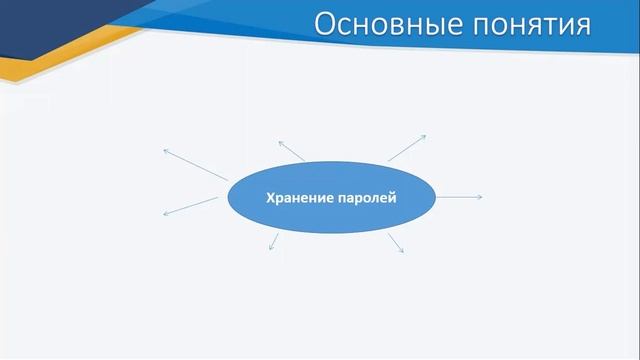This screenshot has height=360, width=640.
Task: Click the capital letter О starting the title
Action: tap(326, 24)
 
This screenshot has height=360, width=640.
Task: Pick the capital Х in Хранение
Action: tap(269, 197)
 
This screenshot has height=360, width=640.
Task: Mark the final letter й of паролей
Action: tap(394, 197)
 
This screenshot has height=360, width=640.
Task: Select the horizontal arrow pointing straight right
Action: tap(460, 197)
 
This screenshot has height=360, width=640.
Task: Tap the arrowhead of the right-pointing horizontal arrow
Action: tap(480, 197)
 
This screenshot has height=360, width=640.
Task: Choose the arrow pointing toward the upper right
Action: tap(407, 147)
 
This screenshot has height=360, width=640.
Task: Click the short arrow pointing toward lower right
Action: tap(395, 242)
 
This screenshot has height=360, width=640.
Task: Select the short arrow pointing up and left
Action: tap(292, 151)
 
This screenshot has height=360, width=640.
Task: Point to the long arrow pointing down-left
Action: tap(190, 206)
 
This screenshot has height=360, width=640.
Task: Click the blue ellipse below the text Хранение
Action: tap(331, 218)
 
